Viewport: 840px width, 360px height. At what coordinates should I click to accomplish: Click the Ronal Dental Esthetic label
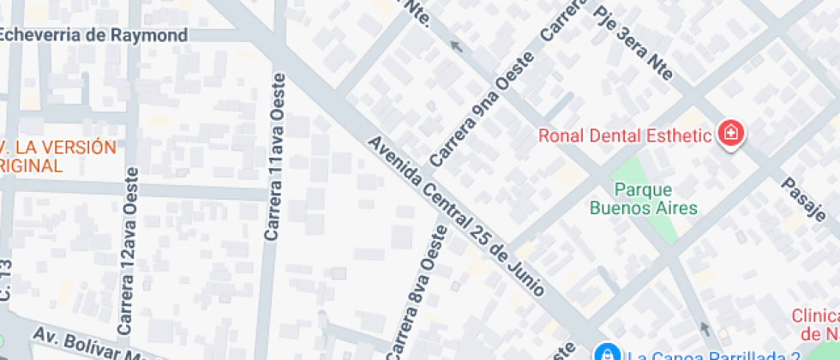tap(625, 135)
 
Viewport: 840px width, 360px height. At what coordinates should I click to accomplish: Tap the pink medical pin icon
tap(731, 134)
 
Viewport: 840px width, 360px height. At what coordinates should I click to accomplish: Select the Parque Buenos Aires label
tap(643, 198)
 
